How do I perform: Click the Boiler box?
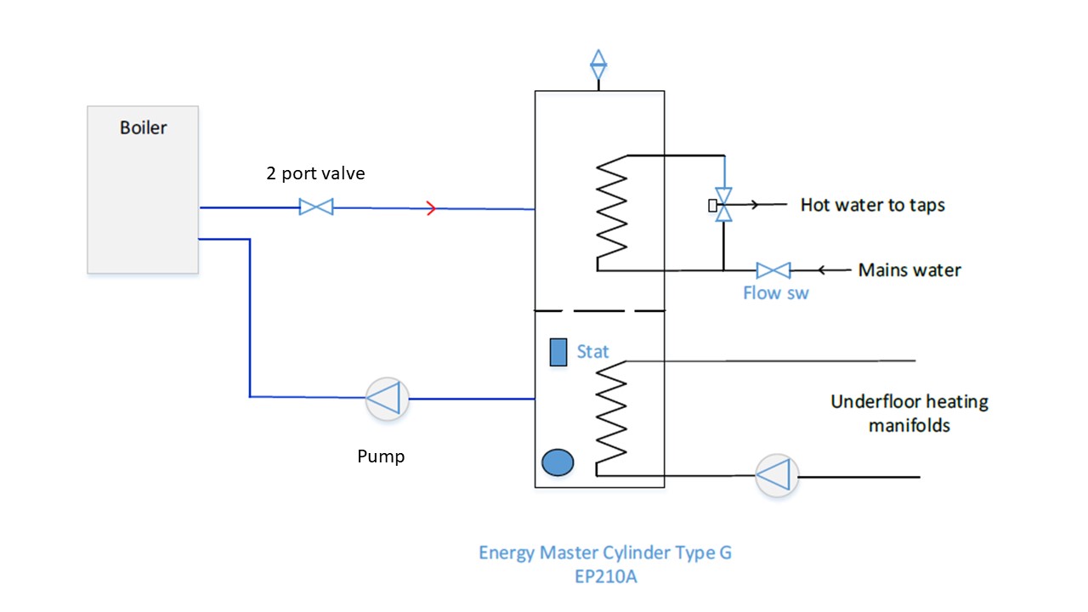[143, 189]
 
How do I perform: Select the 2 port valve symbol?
[316, 207]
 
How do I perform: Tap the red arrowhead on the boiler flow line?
[431, 207]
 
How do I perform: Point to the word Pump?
[381, 456]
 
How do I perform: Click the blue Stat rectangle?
[558, 352]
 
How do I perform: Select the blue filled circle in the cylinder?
[558, 462]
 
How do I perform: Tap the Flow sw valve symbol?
[773, 270]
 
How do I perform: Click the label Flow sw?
[775, 293]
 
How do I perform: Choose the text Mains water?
[909, 270]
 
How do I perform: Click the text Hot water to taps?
[872, 205]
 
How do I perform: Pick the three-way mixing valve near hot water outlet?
[723, 205]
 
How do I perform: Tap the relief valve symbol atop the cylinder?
[598, 65]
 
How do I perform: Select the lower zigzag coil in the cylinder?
[613, 412]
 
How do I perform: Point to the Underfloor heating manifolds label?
[909, 413]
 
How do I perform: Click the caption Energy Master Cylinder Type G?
[604, 552]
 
